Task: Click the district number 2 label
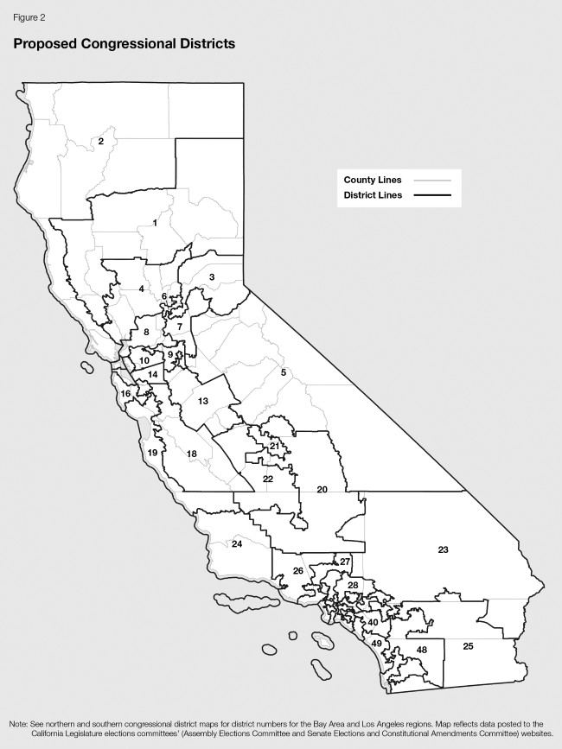click(x=101, y=141)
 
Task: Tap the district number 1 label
click(x=155, y=223)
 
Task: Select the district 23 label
click(x=443, y=549)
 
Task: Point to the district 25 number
click(x=468, y=646)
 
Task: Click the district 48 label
click(x=422, y=650)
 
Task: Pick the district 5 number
click(x=283, y=372)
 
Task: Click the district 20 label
click(x=322, y=490)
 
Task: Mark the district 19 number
click(x=152, y=453)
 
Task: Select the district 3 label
click(x=211, y=276)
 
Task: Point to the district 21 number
click(x=274, y=446)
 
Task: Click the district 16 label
click(x=125, y=394)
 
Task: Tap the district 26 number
click(x=297, y=571)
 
